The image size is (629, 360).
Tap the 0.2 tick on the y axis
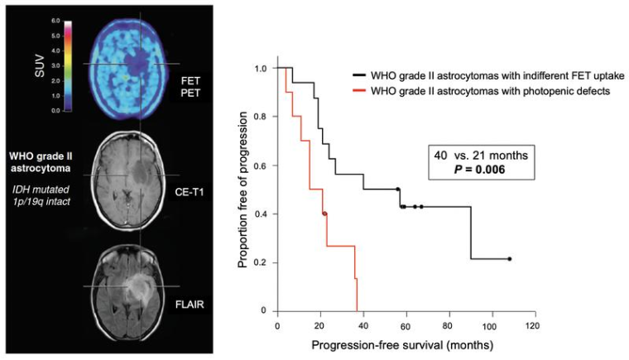click(x=263, y=262)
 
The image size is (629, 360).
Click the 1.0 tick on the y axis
click(x=263, y=68)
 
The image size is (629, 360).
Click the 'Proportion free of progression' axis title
click(x=243, y=189)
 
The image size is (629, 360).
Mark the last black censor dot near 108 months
click(x=509, y=259)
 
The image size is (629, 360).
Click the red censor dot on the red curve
click(x=324, y=214)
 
